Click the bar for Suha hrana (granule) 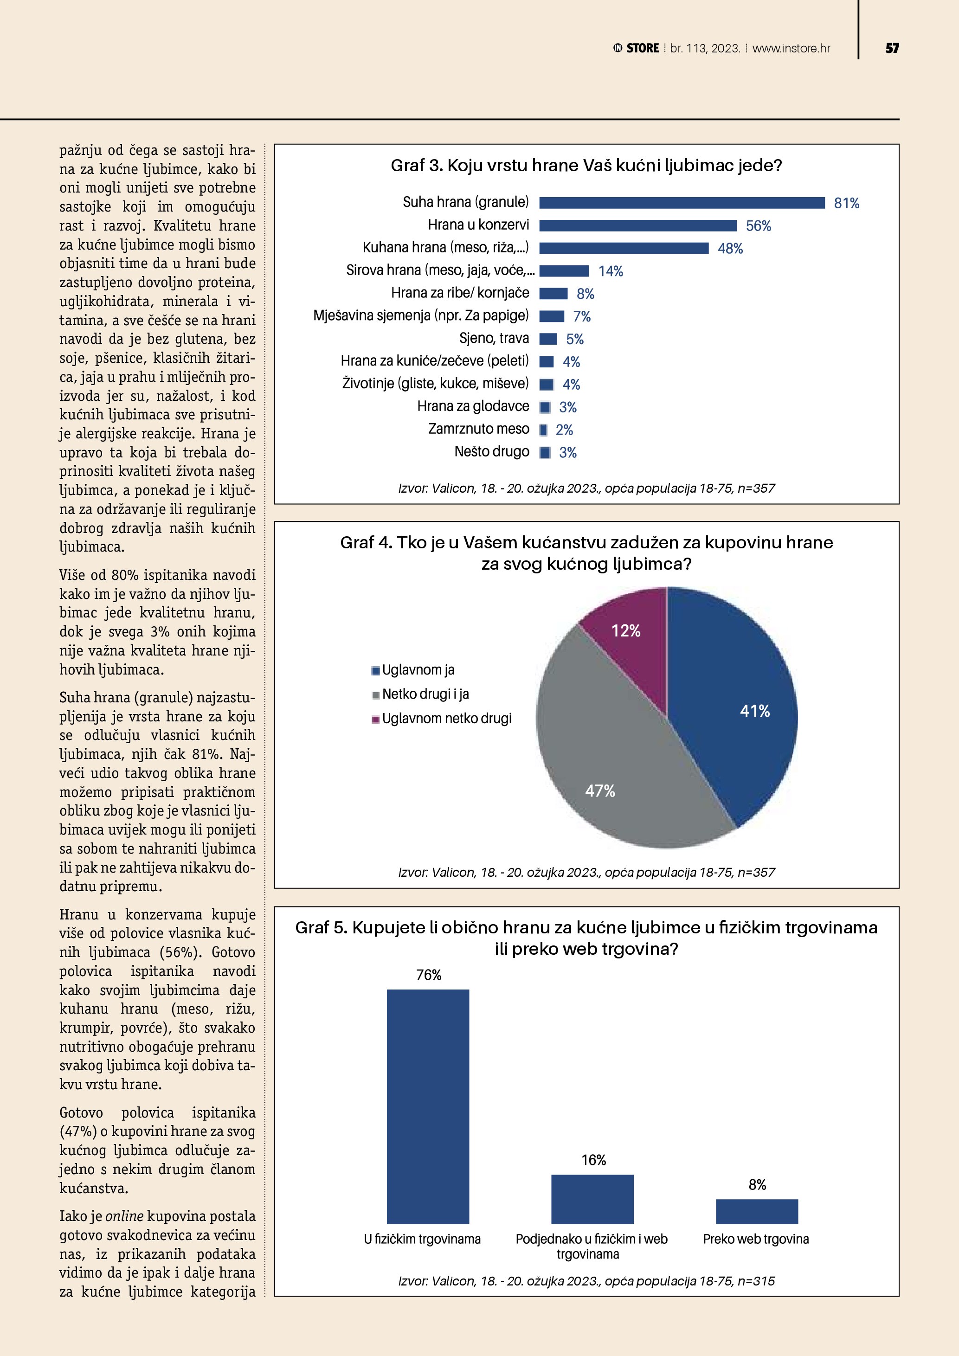[x=682, y=203]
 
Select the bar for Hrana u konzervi [x=638, y=225]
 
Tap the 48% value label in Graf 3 [x=730, y=249]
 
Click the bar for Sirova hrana [x=564, y=271]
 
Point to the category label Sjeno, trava [x=494, y=338]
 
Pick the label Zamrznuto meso [x=478, y=429]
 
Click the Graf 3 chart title [x=586, y=165]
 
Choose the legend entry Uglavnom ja [x=418, y=670]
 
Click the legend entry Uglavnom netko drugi [x=446, y=718]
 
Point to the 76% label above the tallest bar [x=429, y=975]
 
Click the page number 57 [x=892, y=48]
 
